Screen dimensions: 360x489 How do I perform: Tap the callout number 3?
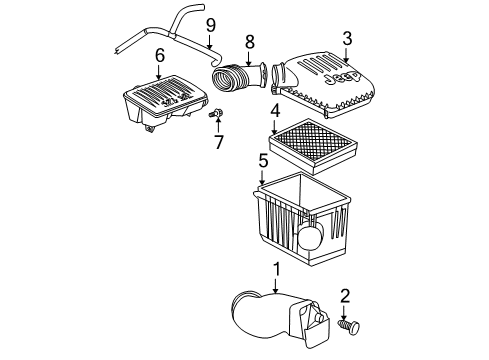(346, 39)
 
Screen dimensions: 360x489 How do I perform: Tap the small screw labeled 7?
(214, 115)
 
